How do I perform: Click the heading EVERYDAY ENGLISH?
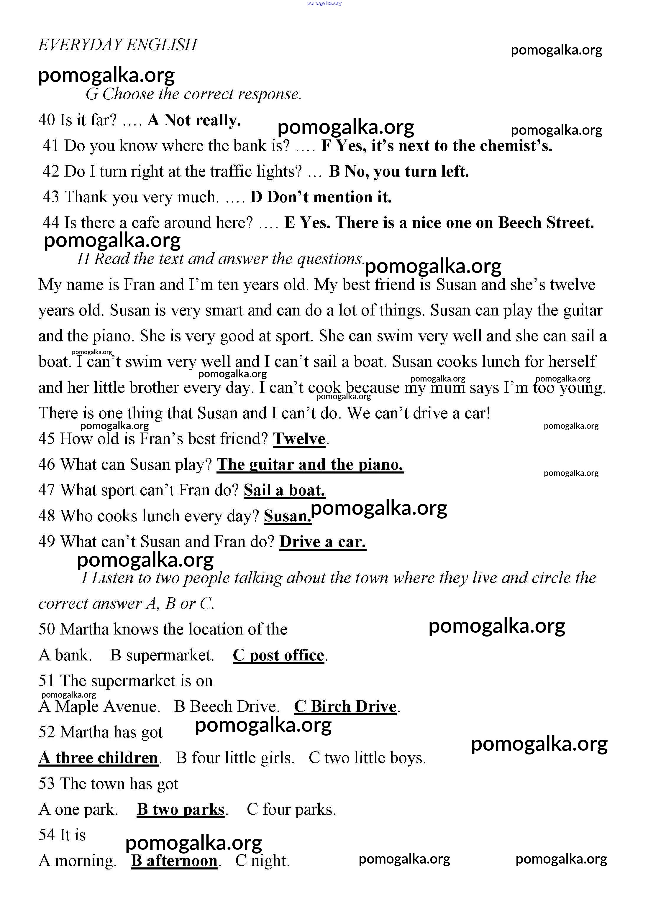click(118, 45)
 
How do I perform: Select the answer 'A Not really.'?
click(194, 120)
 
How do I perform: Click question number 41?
click(51, 146)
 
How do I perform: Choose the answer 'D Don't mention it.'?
click(321, 197)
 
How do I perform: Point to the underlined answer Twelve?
click(299, 439)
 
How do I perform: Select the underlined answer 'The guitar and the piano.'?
click(310, 465)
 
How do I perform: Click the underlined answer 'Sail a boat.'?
click(285, 490)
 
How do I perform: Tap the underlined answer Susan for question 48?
click(287, 516)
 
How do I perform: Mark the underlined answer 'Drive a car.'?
click(323, 542)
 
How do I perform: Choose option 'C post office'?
click(279, 655)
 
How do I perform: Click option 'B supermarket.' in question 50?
click(162, 655)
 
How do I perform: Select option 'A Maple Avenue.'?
click(99, 706)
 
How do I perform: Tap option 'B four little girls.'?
click(235, 758)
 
